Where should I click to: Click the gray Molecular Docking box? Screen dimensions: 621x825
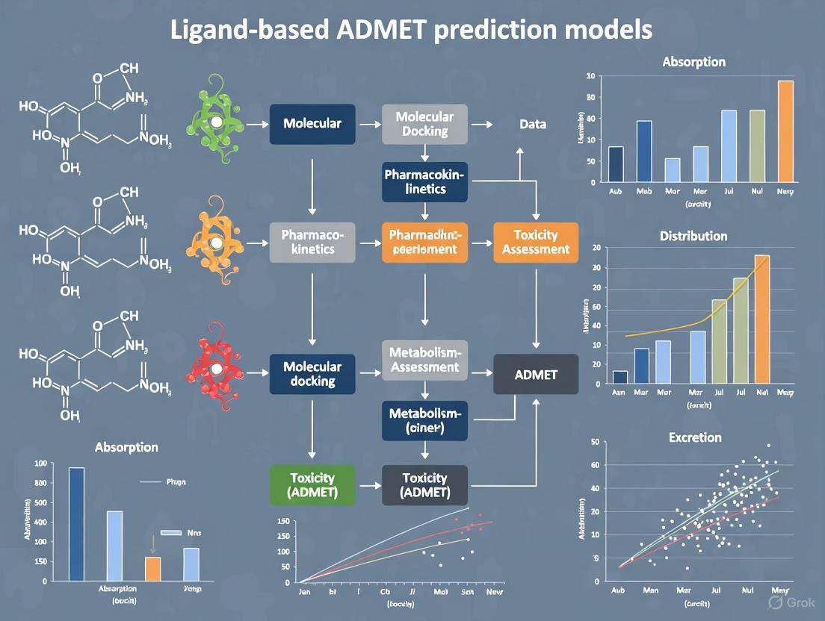pyautogui.click(x=424, y=124)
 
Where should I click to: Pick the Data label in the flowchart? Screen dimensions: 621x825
pyautogui.click(x=533, y=125)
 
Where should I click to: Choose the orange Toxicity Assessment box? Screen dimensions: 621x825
pyautogui.click(x=536, y=242)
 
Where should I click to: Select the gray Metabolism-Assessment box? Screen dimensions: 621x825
pyautogui.click(x=424, y=360)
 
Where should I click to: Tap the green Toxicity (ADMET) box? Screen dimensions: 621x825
pyautogui.click(x=312, y=485)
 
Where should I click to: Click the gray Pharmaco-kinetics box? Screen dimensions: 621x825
pyautogui.click(x=312, y=242)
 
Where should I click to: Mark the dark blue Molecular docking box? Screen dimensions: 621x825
pyautogui.click(x=312, y=374)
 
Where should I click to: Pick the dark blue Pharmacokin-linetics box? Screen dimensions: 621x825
pyautogui.click(x=424, y=181)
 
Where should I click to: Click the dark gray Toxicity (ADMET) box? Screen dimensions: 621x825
pyautogui.click(x=424, y=485)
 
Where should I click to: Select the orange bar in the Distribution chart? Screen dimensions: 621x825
pyautogui.click(x=762, y=319)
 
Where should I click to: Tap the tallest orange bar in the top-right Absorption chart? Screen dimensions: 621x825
pyautogui.click(x=785, y=131)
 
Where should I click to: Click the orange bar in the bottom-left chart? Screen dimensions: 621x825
pyautogui.click(x=152, y=568)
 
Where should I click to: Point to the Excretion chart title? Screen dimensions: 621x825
pyautogui.click(x=695, y=437)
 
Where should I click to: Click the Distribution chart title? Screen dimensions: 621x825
pyautogui.click(x=693, y=236)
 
